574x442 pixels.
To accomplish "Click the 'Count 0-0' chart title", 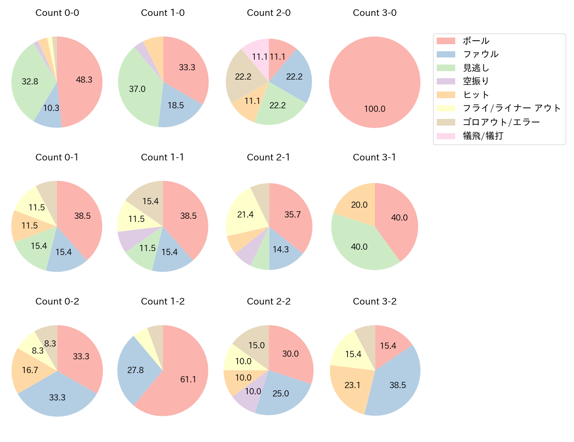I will (x=57, y=13).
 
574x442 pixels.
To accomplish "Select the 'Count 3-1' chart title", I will (x=374, y=157).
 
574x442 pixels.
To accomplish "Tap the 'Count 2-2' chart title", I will (x=268, y=301).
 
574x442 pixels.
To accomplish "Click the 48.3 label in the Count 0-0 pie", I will (x=84, y=80).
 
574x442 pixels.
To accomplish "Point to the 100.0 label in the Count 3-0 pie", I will (x=374, y=109).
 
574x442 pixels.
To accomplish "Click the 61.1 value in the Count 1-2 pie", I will (x=188, y=380).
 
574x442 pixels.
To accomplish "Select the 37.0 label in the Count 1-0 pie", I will (x=137, y=89).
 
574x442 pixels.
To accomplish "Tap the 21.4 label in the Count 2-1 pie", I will (x=245, y=215).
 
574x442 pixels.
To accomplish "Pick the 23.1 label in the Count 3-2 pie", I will (x=352, y=385).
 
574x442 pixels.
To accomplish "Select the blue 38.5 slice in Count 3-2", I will (x=395, y=385).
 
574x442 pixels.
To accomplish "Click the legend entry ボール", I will (x=476, y=41).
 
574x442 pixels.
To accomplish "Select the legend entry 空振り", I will (x=476, y=81).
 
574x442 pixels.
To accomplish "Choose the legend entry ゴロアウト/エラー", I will (x=501, y=122).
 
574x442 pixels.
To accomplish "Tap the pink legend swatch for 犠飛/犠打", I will (x=446, y=136).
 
